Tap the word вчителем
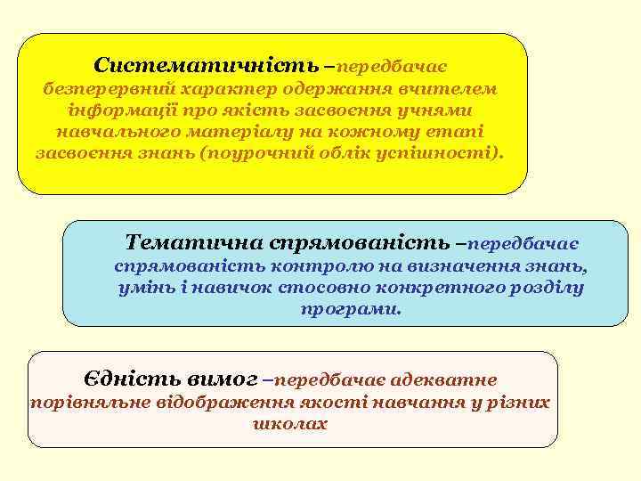[x=455, y=89]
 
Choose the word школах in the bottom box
[x=290, y=424]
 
